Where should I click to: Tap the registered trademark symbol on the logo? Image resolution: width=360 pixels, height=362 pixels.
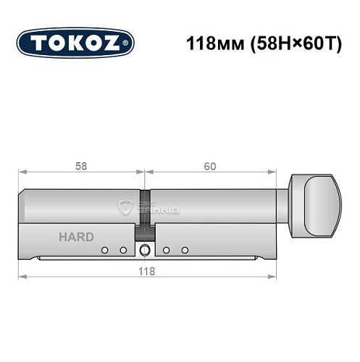tap(129, 43)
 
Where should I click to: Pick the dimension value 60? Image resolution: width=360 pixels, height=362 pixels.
tap(210, 165)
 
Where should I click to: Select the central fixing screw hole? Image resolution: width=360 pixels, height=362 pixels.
tap(146, 250)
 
